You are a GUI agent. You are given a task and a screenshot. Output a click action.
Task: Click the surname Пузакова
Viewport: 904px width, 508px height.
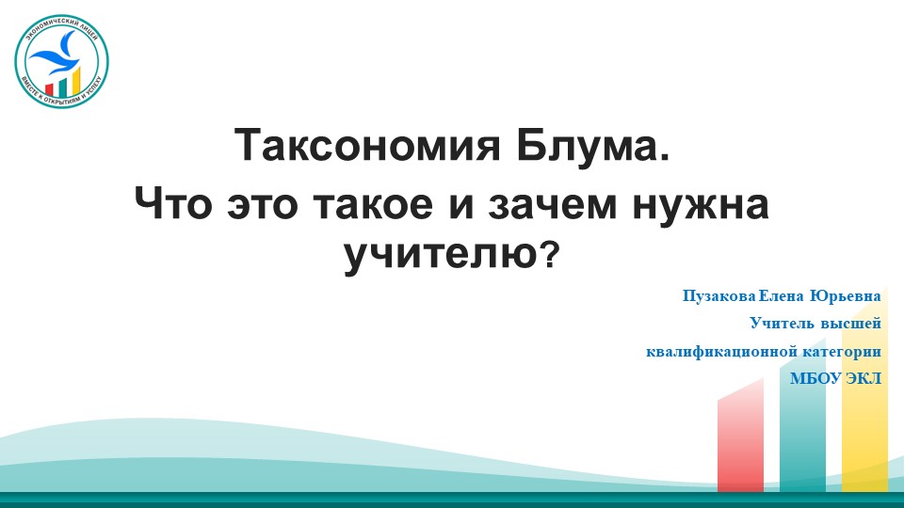(717, 296)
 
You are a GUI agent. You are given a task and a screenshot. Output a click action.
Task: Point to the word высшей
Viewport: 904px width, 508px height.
(852, 325)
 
